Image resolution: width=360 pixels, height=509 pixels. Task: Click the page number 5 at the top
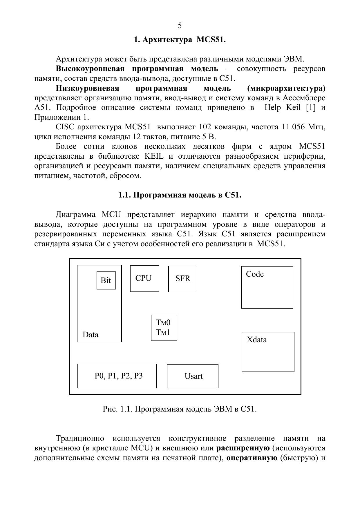pyautogui.click(x=180, y=26)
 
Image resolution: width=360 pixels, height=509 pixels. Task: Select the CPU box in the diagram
pyautogui.click(x=144, y=278)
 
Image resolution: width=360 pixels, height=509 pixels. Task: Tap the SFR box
pyautogui.click(x=183, y=279)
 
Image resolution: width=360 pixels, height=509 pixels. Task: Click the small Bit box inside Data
pyautogui.click(x=106, y=280)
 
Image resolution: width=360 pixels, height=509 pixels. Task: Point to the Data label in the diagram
pyautogui.click(x=91, y=335)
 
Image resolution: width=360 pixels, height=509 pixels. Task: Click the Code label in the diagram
pyautogui.click(x=255, y=274)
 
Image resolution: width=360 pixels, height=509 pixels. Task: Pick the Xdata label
pyautogui.click(x=256, y=340)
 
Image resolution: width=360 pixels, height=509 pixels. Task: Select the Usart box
pyautogui.click(x=193, y=376)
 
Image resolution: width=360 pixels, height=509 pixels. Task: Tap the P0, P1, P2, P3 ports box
pyautogui.click(x=117, y=376)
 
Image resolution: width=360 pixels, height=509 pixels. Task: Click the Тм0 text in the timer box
pyautogui.click(x=163, y=323)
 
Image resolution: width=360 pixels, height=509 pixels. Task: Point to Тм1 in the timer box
pyautogui.click(x=163, y=332)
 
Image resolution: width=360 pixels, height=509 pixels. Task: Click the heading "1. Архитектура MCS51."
pyautogui.click(x=180, y=40)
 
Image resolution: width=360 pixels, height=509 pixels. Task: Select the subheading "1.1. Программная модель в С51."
pyautogui.click(x=180, y=195)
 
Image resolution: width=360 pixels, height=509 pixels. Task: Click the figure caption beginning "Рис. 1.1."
pyautogui.click(x=180, y=409)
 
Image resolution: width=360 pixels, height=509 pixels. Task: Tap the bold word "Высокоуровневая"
pyautogui.click(x=90, y=69)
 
